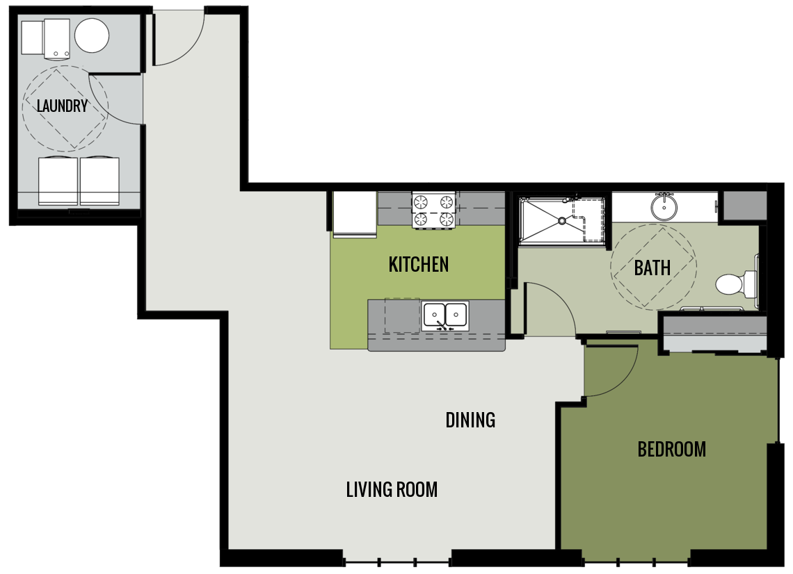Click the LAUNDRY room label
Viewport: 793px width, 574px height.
coord(62,106)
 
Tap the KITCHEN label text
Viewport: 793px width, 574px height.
coord(418,264)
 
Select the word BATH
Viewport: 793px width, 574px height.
coord(652,268)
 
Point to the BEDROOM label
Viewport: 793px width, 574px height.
coord(671,450)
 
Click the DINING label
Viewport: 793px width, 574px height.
coord(470,420)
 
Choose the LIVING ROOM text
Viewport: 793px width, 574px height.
coord(392,490)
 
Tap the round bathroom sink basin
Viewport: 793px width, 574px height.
coord(664,206)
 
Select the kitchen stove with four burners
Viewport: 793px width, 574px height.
coord(433,210)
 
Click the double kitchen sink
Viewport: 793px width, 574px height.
coord(445,315)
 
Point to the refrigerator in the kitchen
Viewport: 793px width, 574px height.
coord(355,214)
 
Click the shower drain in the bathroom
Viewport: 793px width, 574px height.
coord(561,221)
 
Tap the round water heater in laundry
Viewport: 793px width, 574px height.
coord(92,35)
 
